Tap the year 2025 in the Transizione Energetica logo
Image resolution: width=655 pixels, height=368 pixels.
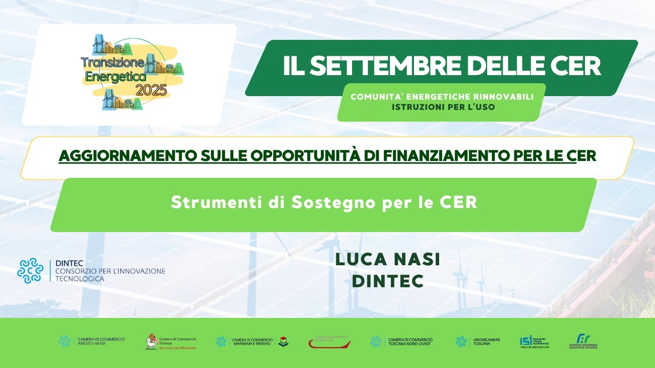151,90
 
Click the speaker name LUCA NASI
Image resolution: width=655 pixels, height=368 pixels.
387,260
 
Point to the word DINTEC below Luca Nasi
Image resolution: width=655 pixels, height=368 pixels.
387,281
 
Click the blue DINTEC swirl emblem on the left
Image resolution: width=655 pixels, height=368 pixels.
31,270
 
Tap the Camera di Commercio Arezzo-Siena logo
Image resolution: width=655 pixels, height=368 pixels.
92,341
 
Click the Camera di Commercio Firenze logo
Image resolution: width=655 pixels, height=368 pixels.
171,341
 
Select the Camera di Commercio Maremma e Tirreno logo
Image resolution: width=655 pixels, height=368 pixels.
252,341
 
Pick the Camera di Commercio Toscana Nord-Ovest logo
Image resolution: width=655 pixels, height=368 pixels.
402,341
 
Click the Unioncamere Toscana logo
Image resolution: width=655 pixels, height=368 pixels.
478,341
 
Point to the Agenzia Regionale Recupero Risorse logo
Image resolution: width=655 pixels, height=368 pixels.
583,341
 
